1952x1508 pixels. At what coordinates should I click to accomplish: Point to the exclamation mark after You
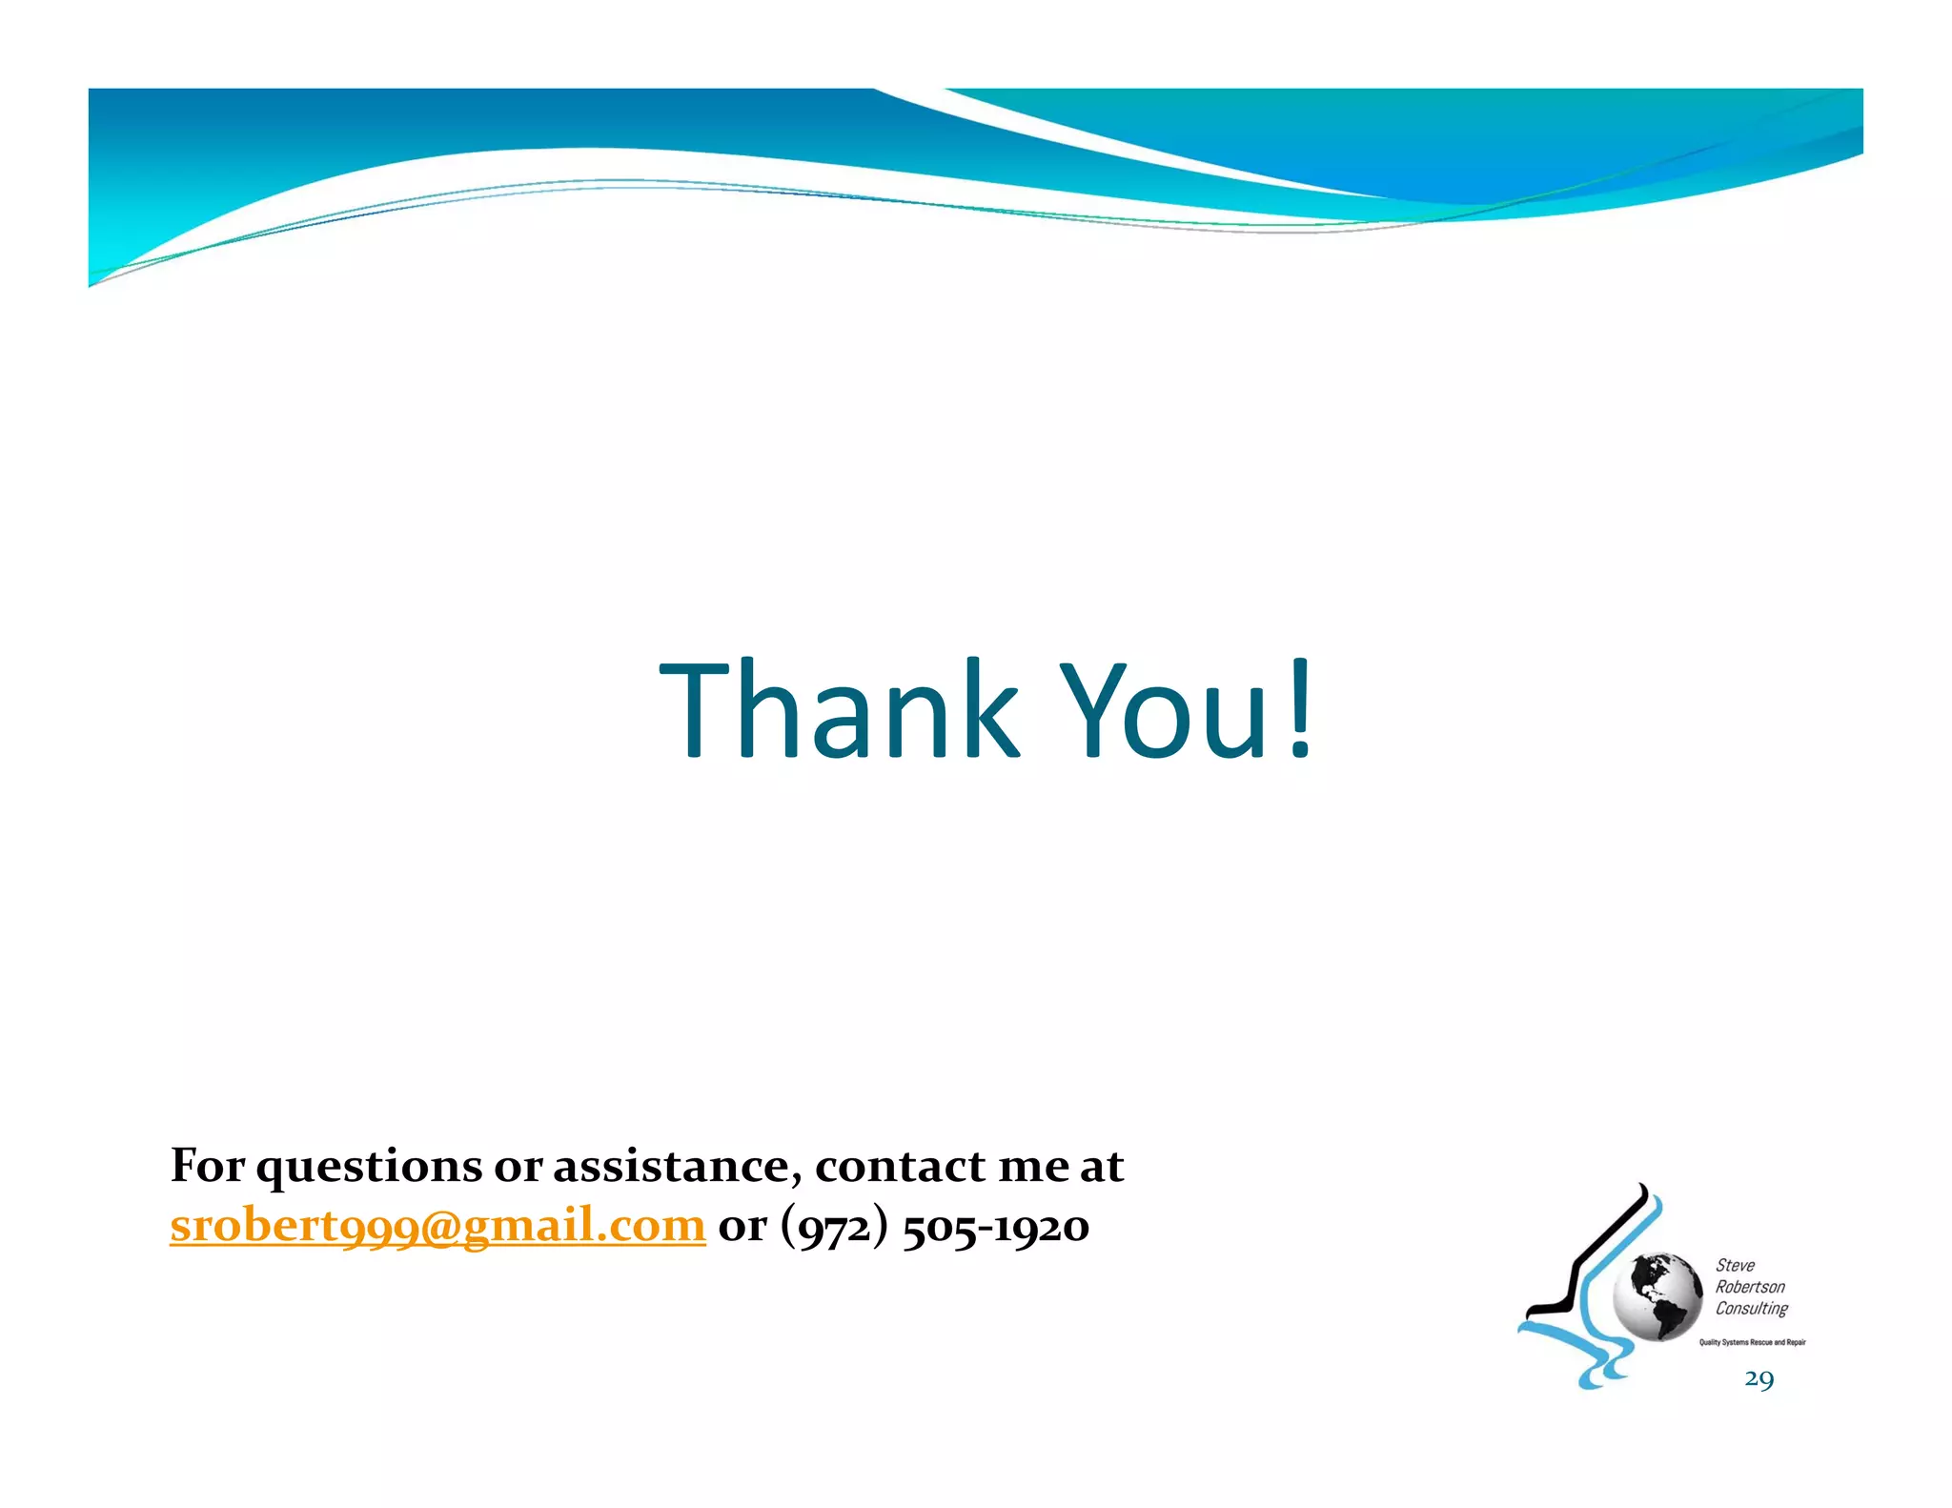(1299, 710)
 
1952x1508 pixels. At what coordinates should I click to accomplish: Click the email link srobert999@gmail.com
(437, 1226)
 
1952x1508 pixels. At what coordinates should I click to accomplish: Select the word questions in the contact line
(369, 1167)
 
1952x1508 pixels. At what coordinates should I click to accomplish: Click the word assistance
(677, 1167)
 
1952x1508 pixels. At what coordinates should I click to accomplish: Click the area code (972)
(835, 1227)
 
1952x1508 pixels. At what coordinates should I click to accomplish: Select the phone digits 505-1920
(996, 1227)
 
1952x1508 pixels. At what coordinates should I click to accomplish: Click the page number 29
(1759, 1379)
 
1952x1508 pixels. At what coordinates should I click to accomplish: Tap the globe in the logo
(1657, 1296)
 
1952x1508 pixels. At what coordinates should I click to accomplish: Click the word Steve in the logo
(1735, 1266)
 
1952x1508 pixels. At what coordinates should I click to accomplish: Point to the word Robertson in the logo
(1750, 1287)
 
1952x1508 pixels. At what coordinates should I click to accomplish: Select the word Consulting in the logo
(1752, 1309)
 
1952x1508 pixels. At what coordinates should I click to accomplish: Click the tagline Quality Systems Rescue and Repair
(1752, 1342)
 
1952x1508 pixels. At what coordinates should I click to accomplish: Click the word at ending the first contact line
(1102, 1167)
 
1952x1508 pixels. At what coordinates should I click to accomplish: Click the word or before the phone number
(742, 1227)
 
